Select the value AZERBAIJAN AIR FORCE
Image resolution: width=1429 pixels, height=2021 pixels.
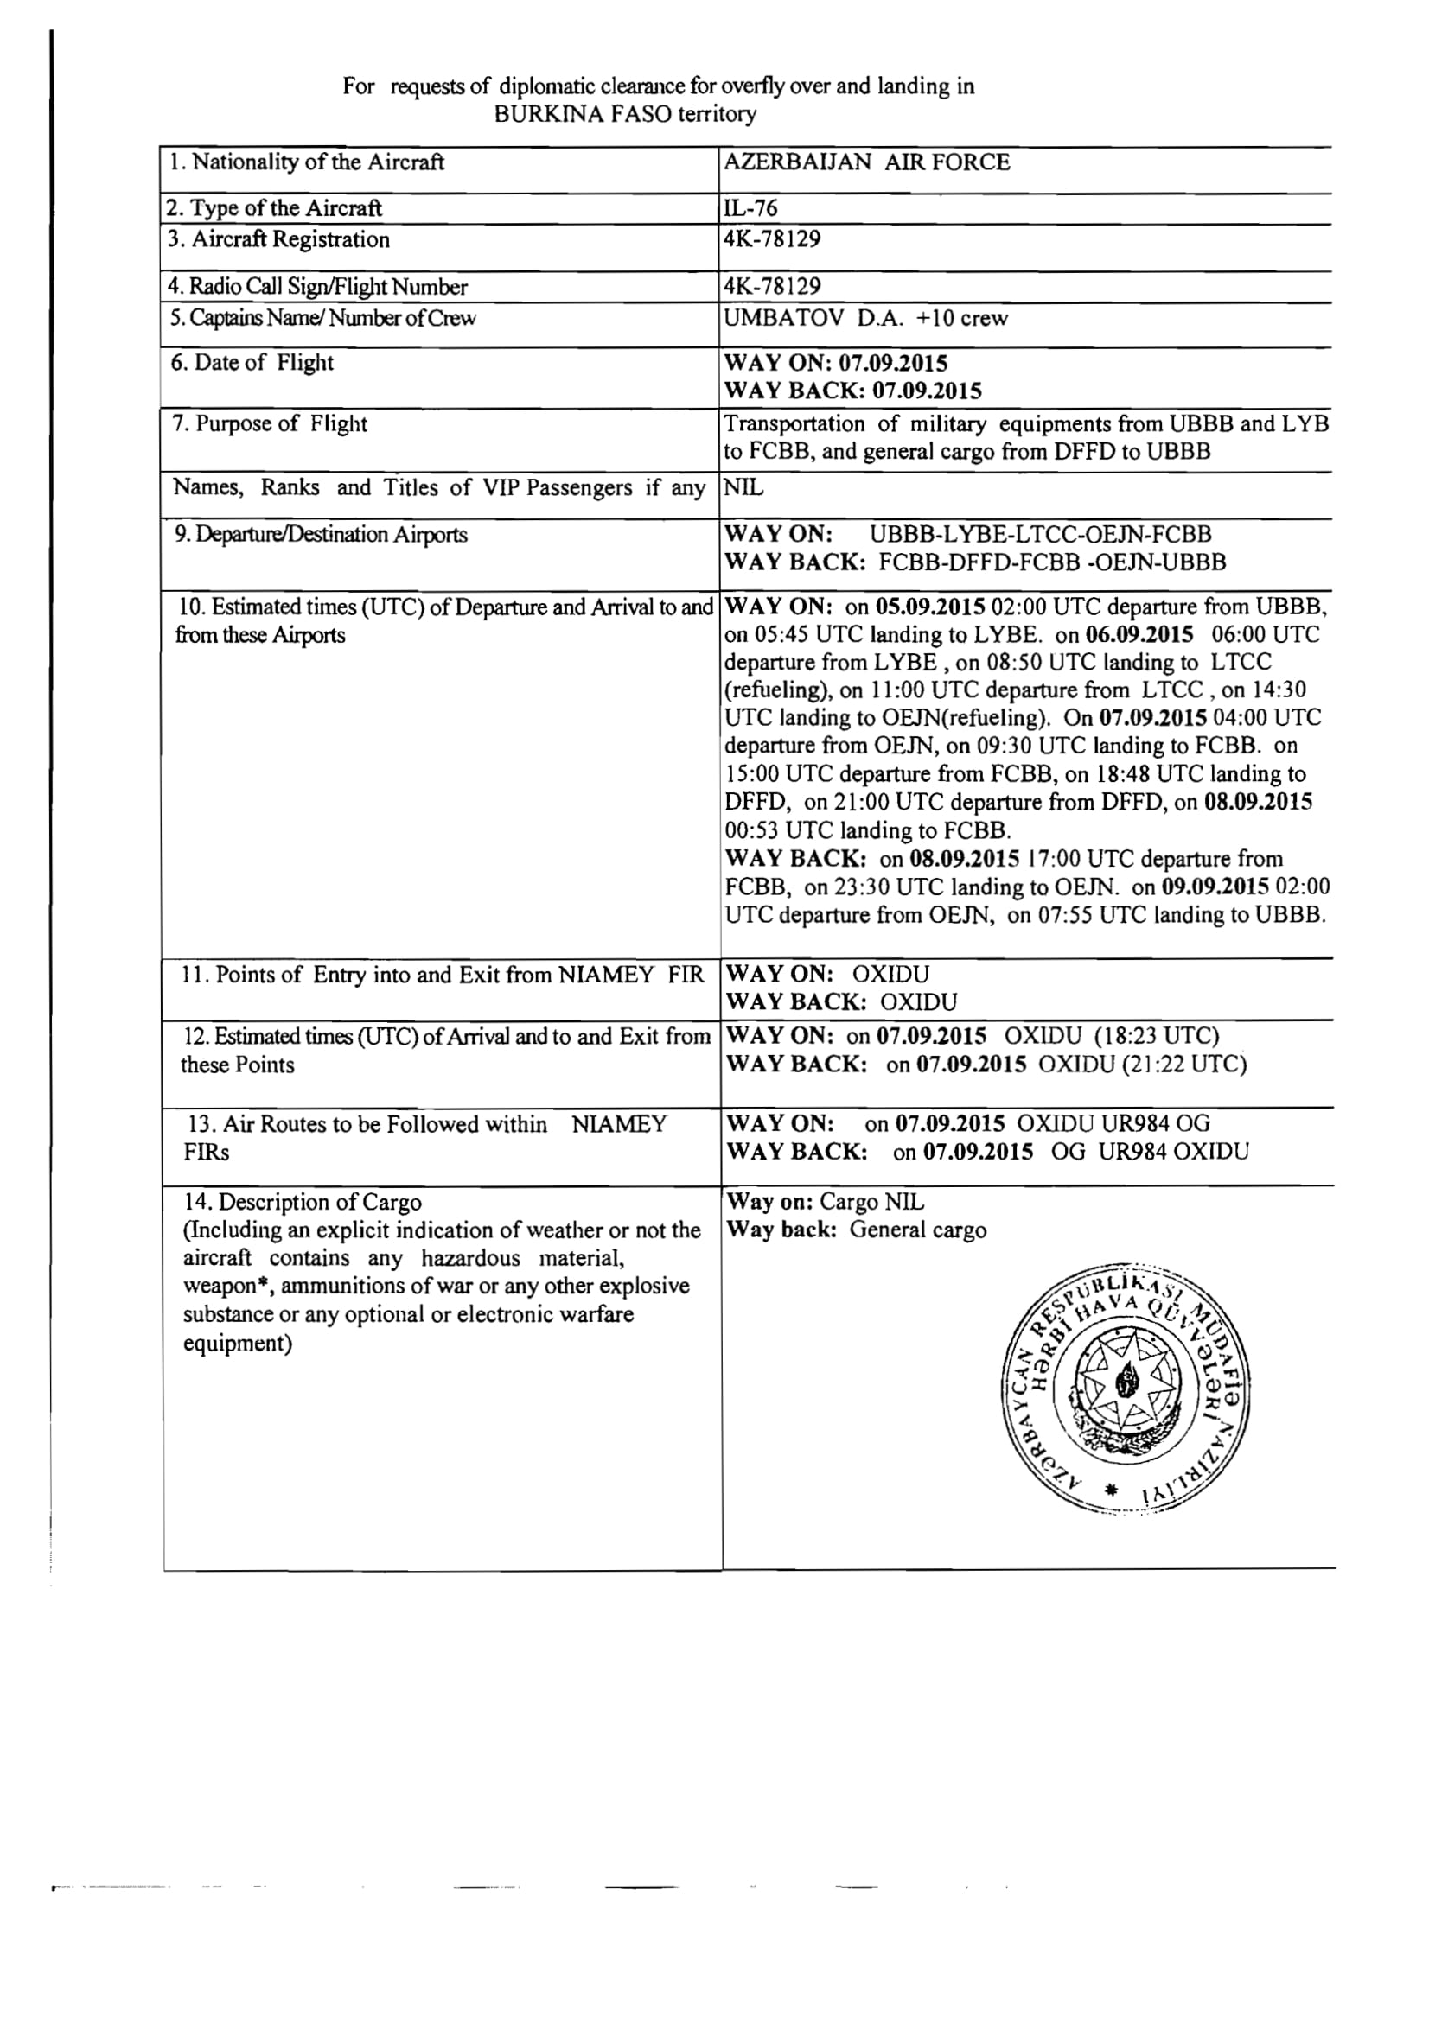(866, 162)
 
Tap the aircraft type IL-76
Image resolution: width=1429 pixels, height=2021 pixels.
(750, 208)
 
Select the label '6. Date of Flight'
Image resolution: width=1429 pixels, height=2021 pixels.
(252, 363)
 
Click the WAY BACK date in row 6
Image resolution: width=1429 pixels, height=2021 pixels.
(926, 391)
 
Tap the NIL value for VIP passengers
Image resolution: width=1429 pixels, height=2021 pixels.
(743, 486)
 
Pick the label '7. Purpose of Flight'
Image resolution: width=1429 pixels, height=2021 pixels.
(270, 423)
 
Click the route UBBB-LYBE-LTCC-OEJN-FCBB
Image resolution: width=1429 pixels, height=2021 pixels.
(1040, 534)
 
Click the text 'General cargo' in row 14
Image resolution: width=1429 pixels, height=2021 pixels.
(917, 1230)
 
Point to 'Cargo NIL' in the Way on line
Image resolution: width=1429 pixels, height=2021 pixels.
(871, 1202)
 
